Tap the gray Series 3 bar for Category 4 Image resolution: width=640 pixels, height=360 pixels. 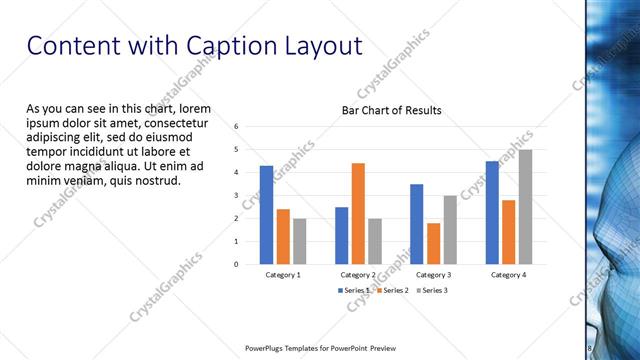525,207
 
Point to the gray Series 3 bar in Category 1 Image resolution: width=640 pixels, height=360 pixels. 300,241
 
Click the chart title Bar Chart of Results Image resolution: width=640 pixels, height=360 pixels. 391,110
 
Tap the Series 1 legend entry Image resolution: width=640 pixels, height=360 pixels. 354,290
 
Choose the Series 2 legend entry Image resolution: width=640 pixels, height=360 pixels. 392,290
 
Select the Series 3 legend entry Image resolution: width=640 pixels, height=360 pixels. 430,290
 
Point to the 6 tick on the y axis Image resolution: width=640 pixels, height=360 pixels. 237,127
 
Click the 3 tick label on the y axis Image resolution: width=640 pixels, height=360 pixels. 237,195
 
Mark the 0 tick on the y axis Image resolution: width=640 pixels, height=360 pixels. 237,264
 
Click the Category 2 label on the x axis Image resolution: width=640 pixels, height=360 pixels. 358,274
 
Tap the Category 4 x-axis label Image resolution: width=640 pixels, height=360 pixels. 508,274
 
